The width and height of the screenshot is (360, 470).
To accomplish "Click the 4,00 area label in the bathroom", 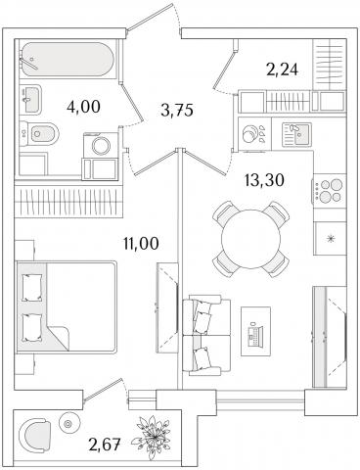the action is click(x=83, y=107).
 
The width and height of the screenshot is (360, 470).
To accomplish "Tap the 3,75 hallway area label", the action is click(x=177, y=111).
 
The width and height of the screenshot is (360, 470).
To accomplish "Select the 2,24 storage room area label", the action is click(x=283, y=70).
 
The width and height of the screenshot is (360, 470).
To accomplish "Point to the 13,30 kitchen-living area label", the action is click(x=264, y=180).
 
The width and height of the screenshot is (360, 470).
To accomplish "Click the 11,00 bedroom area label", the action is click(x=141, y=243).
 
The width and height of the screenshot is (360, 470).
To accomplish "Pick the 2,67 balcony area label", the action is click(x=105, y=445).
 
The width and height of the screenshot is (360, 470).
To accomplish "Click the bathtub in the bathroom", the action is click(x=67, y=60).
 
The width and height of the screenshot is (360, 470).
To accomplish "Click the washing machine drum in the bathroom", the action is click(x=101, y=146).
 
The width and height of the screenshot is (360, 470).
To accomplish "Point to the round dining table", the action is click(x=250, y=239).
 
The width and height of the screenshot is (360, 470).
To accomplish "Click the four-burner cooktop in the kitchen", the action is click(x=330, y=190).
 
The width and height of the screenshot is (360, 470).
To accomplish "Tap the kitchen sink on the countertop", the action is click(x=296, y=134).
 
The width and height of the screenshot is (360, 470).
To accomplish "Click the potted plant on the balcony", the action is click(x=151, y=436).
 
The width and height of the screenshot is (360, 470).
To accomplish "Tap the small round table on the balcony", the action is click(x=68, y=424).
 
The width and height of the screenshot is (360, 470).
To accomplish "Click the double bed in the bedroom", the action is click(x=67, y=306).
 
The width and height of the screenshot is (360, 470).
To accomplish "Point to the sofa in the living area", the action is click(x=206, y=335).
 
